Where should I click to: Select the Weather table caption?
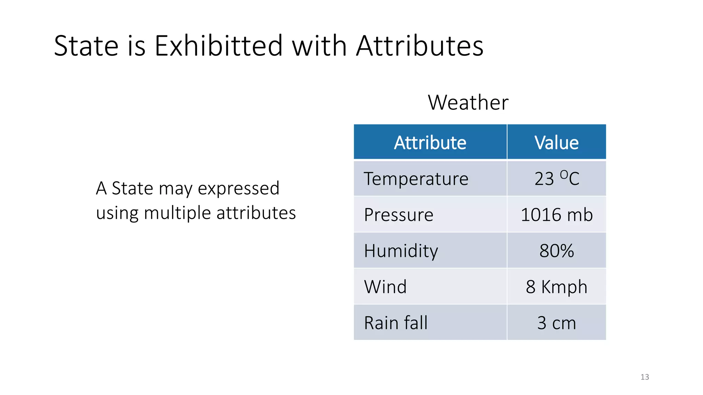pos(468,102)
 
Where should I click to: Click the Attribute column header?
pos(430,142)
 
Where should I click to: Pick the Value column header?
pos(556,142)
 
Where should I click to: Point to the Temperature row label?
pos(416,179)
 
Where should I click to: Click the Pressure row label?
pos(399,215)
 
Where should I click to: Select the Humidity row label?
pos(401,251)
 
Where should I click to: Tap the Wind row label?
pos(385,287)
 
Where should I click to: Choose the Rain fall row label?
pos(396,323)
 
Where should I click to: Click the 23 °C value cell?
pos(556,179)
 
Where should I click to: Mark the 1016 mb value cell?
pos(556,215)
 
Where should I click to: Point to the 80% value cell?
pos(556,251)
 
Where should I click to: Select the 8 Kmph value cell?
pos(556,287)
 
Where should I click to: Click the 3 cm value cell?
pos(556,323)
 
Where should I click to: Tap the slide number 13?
pos(645,377)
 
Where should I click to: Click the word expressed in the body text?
pos(239,188)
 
